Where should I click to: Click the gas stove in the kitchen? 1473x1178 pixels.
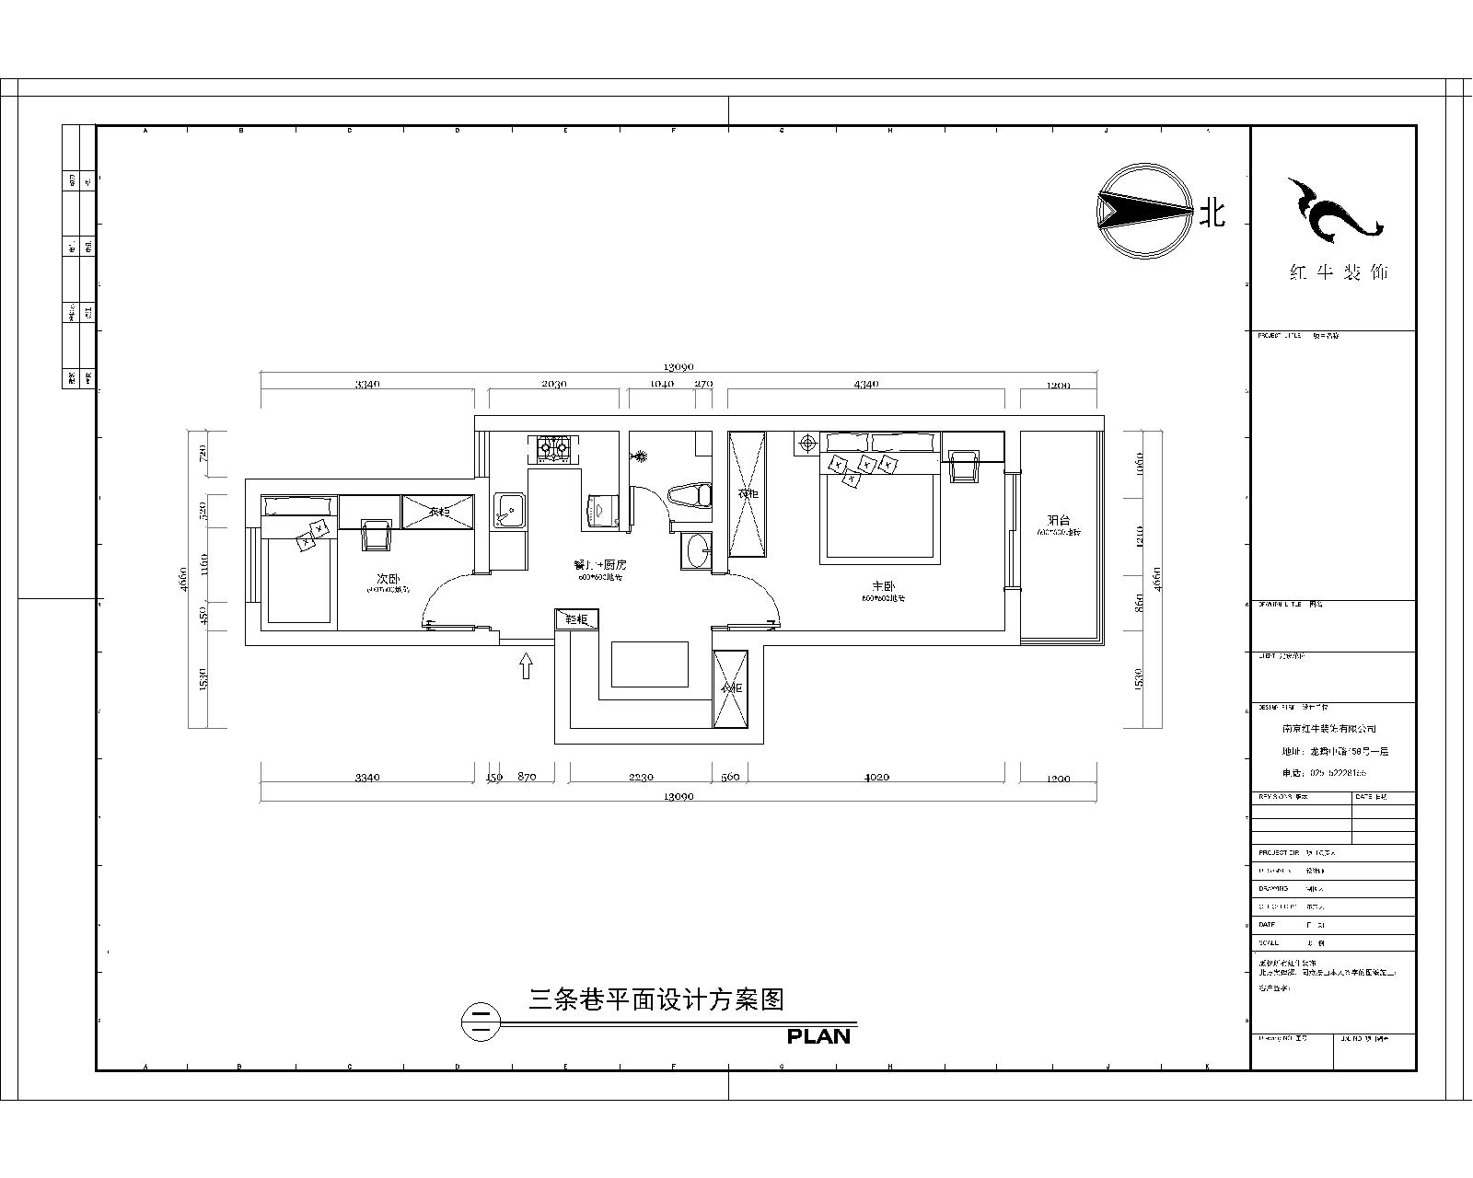coord(553,449)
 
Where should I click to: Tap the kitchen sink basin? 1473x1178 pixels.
coord(507,510)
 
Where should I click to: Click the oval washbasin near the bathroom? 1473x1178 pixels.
coord(699,551)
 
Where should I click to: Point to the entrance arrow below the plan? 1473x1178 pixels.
coord(526,665)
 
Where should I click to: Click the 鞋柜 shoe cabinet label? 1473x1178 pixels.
coord(577,619)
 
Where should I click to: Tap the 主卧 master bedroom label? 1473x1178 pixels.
coord(884,585)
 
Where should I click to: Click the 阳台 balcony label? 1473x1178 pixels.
coord(1059,520)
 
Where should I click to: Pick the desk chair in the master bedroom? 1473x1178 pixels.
coord(964,466)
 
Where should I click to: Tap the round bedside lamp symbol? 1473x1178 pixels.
coord(807,444)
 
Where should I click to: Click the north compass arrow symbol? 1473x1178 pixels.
coord(1142,212)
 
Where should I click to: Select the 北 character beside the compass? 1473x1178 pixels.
coord(1212,214)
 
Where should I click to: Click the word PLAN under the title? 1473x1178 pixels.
coord(818,1036)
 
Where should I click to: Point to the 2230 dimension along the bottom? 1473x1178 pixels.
coord(641,778)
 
